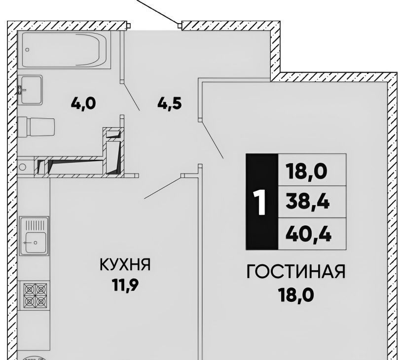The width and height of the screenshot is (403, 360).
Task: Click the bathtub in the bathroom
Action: tap(64, 50)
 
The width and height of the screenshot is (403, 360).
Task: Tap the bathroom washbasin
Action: tap(32, 90)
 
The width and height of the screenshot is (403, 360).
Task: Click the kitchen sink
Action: tap(35, 236)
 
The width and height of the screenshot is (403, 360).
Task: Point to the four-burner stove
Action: tap(35, 295)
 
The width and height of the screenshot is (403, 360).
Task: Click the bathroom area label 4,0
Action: tap(83, 104)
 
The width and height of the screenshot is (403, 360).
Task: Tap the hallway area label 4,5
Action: tap(170, 104)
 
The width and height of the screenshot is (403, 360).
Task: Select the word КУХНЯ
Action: tap(125, 264)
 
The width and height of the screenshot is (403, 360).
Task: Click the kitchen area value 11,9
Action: tap(125, 285)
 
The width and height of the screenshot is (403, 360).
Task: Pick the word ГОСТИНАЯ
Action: tap(296, 272)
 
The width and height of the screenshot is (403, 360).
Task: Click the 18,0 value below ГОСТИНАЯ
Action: tap(296, 295)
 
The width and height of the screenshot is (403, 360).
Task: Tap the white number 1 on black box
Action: tap(261, 202)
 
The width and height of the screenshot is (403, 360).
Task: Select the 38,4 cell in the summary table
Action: tap(312, 202)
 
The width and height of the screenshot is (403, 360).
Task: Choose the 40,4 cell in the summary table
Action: tap(312, 234)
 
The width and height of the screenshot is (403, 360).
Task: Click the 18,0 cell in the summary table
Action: tap(312, 170)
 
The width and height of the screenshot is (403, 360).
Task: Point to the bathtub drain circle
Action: tap(28, 50)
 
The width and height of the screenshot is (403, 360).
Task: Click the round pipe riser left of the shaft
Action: tap(22, 167)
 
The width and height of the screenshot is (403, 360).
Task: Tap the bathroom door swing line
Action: tap(131, 96)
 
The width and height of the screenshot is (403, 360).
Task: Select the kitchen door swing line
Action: tap(162, 188)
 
